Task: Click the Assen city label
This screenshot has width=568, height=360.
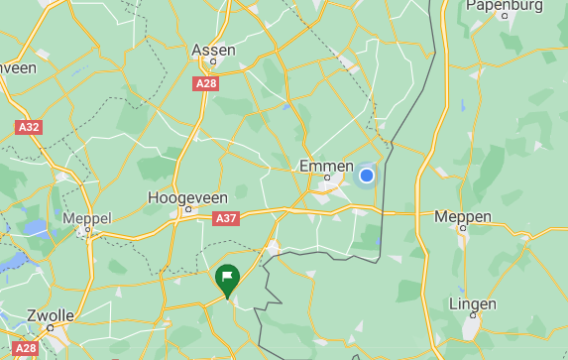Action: click(x=213, y=50)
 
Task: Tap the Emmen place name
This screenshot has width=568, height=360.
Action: click(x=326, y=166)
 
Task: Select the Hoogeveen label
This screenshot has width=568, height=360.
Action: click(x=187, y=197)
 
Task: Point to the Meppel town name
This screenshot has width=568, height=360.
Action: click(x=87, y=217)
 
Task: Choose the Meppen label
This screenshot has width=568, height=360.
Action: click(x=463, y=216)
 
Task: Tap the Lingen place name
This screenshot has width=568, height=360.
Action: click(x=472, y=303)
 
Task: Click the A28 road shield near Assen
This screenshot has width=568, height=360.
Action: click(x=206, y=84)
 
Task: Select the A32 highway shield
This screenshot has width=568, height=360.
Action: click(x=29, y=128)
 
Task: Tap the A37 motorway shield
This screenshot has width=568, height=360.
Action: click(x=226, y=218)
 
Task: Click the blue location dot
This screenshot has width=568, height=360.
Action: click(x=366, y=176)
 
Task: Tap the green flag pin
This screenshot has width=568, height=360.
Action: click(x=227, y=277)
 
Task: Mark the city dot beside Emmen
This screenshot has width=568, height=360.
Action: click(x=326, y=179)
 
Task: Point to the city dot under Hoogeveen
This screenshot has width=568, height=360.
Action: click(x=187, y=210)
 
